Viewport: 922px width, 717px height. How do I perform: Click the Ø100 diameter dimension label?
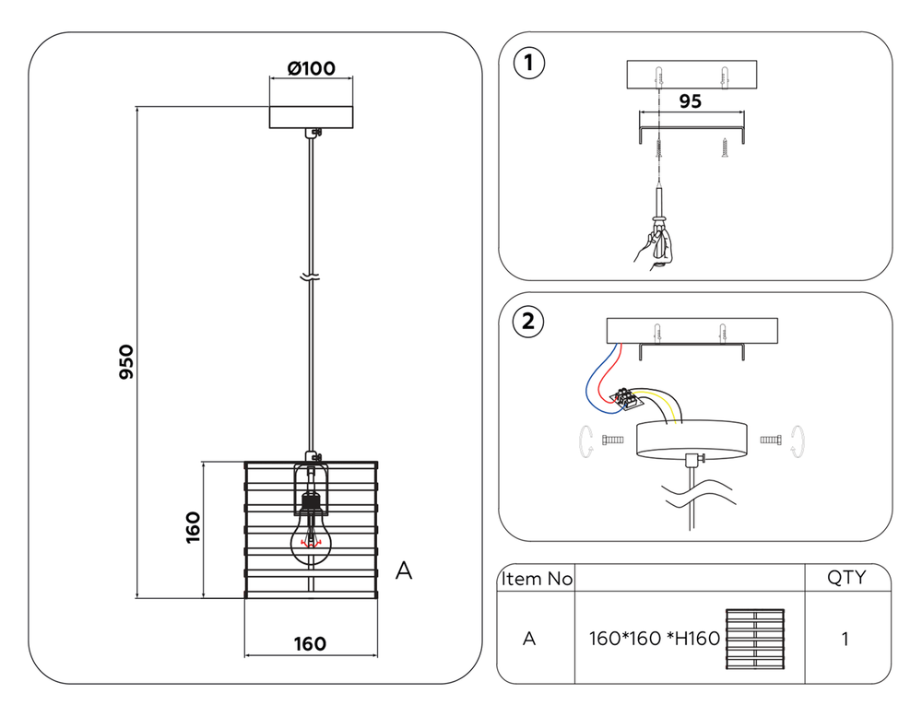point(311,68)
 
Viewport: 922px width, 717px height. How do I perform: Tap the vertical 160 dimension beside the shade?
point(193,528)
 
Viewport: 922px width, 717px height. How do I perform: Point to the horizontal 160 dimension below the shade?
point(311,643)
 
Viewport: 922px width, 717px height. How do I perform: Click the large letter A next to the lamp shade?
point(403,571)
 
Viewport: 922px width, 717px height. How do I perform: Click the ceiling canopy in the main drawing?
point(311,117)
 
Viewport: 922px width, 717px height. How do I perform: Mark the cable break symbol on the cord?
point(311,276)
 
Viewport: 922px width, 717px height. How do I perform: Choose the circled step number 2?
point(527,322)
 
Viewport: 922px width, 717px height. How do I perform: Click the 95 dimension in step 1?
point(690,101)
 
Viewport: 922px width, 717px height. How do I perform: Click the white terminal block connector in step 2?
point(628,398)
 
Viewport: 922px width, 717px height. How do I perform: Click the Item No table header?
point(536,579)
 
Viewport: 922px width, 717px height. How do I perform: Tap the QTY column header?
point(845,578)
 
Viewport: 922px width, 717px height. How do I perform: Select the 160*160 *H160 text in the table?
point(654,639)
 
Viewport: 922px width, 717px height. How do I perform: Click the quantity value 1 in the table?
point(845,639)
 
